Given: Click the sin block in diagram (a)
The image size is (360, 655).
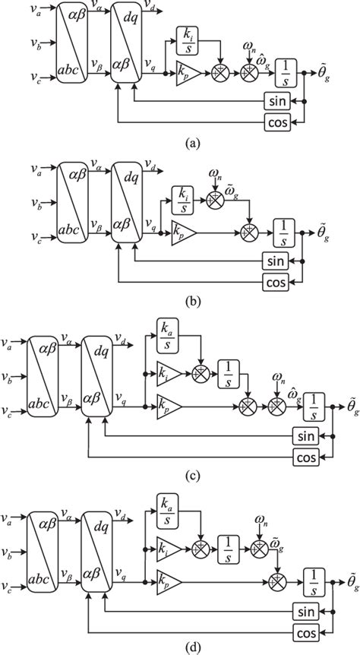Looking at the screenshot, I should click(279, 100).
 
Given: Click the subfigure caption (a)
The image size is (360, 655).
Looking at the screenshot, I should click(182, 142).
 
